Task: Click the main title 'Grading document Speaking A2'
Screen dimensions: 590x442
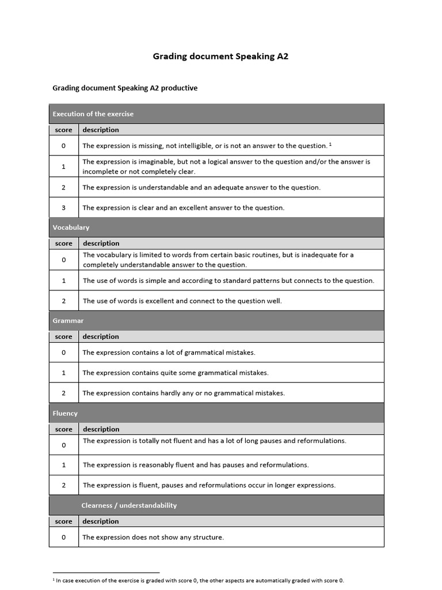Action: point(220,56)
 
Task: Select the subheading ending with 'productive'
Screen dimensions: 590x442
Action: point(125,88)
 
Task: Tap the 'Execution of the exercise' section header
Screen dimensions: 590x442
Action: point(93,114)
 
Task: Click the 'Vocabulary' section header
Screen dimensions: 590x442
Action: point(71,228)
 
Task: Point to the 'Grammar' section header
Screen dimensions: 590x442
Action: point(68,320)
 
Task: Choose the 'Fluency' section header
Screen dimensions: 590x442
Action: point(65,413)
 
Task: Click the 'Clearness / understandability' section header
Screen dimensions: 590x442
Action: point(129,505)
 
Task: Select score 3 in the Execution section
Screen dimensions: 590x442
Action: point(63,207)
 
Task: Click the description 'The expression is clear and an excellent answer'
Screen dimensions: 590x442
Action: point(183,207)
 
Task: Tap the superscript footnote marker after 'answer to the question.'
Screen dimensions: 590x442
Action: point(330,144)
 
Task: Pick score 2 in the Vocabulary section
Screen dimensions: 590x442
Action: point(63,301)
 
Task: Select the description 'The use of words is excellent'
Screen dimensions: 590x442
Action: point(182,301)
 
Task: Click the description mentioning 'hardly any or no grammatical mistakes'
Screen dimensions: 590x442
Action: point(183,393)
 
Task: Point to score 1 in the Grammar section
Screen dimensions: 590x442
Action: point(63,373)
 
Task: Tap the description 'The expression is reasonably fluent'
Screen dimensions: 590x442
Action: point(196,464)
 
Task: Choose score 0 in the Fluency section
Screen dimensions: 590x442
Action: point(63,445)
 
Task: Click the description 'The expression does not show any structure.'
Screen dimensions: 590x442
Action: point(153,537)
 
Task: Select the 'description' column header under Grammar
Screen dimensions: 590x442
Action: point(101,336)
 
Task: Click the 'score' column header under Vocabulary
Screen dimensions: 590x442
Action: point(63,243)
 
